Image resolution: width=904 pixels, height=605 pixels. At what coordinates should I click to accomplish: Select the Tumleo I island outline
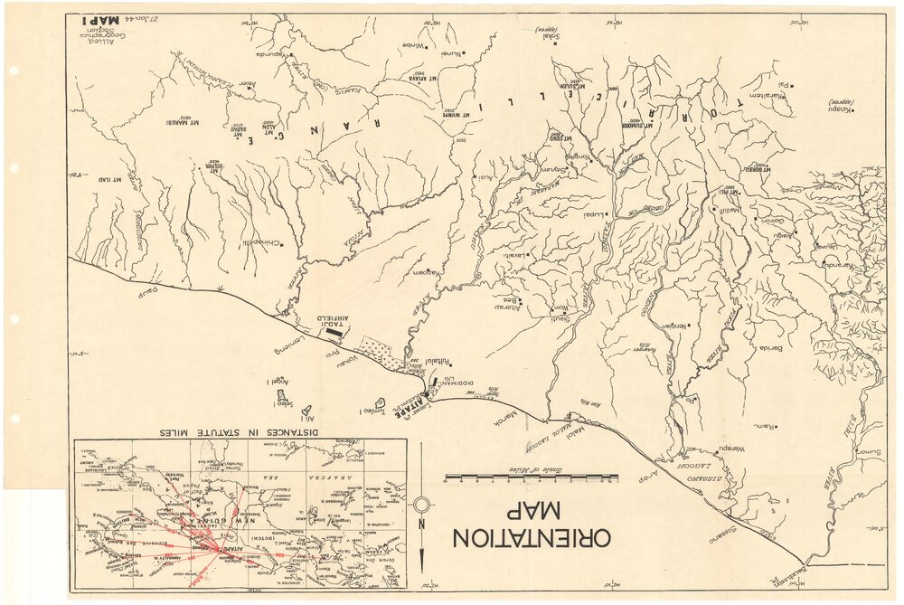[x=381, y=401]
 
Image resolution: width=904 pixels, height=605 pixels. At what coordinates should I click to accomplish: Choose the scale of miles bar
[x=532, y=477]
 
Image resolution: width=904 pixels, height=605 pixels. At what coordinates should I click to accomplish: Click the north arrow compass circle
[x=422, y=505]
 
